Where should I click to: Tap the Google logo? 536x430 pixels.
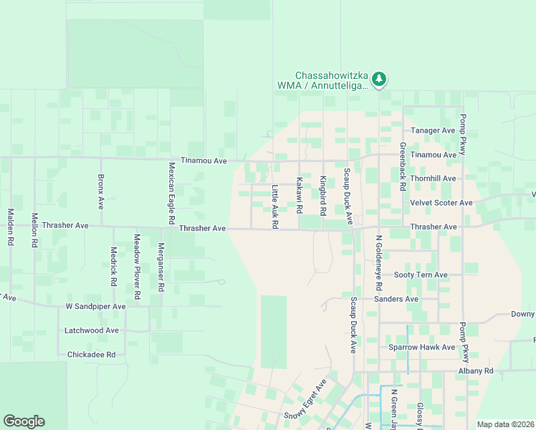pyautogui.click(x=24, y=421)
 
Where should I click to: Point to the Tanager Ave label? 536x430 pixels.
pyautogui.click(x=434, y=130)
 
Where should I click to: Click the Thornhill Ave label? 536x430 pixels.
pyautogui.click(x=434, y=178)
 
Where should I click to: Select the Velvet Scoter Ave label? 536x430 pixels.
pyautogui.click(x=441, y=203)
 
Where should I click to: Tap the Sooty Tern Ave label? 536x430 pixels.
pyautogui.click(x=421, y=274)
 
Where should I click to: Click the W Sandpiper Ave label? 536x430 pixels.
pyautogui.click(x=95, y=306)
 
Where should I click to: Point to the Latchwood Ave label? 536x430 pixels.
pyautogui.click(x=92, y=330)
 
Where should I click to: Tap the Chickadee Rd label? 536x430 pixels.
pyautogui.click(x=91, y=354)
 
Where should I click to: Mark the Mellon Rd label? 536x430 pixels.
pyautogui.click(x=34, y=229)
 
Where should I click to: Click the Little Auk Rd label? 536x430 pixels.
pyautogui.click(x=274, y=207)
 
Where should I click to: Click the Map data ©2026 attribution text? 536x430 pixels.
pyautogui.click(x=505, y=424)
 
